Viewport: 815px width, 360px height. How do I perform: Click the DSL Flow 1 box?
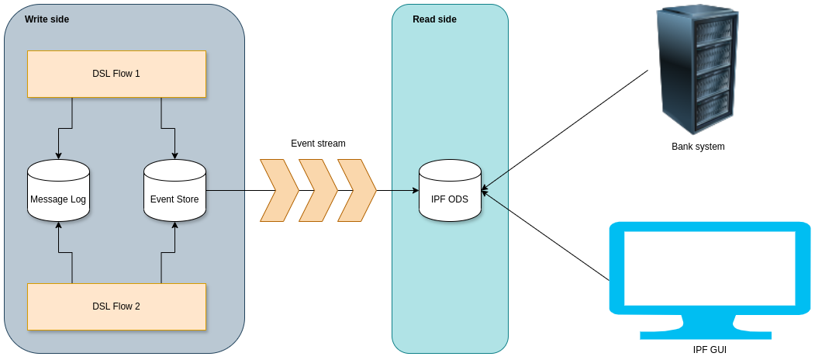[116, 74]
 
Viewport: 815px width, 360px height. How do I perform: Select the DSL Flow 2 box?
[116, 306]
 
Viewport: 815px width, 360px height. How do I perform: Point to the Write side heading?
[47, 19]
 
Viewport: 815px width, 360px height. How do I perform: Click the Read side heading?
[434, 19]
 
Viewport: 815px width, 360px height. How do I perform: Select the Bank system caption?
[698, 146]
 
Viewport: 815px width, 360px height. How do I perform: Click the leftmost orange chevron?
[278, 190]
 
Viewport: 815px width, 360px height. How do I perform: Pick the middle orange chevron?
[318, 190]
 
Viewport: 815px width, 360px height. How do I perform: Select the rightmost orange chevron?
[357, 190]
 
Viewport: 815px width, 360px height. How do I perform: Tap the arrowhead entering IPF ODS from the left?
[414, 190]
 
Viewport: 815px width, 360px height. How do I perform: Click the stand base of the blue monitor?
[705, 334]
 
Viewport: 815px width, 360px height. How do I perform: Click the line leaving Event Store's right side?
[225, 190]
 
